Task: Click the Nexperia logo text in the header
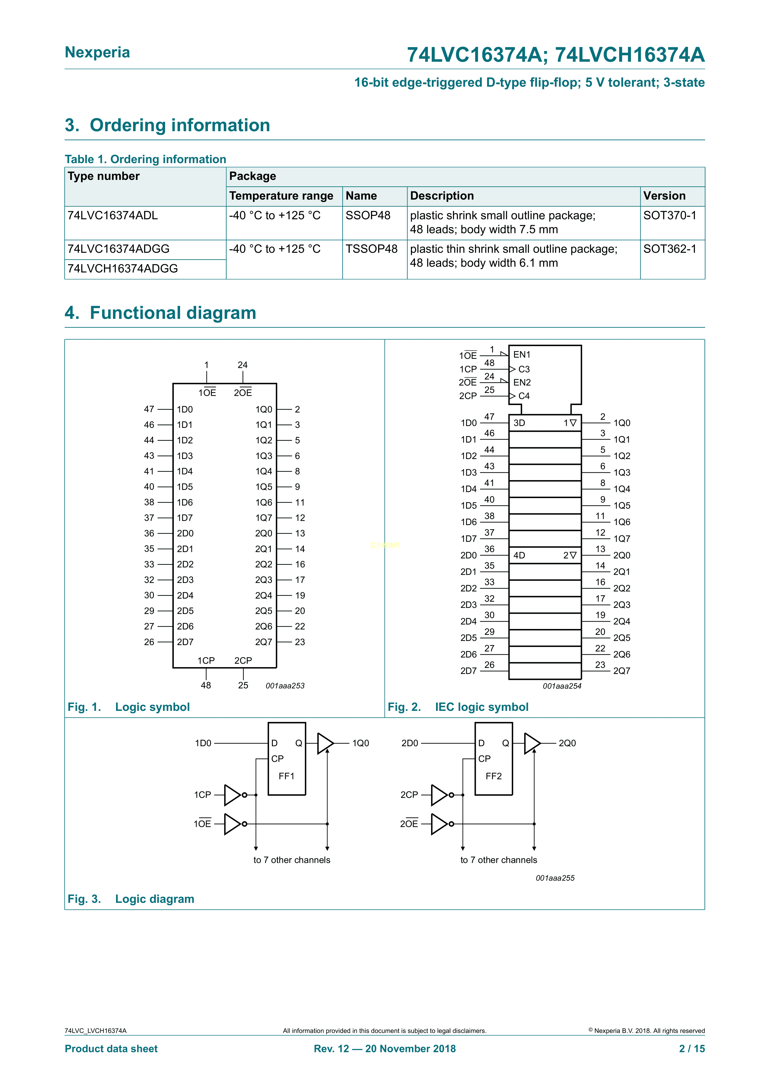click(x=97, y=52)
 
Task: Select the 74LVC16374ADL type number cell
click(x=112, y=216)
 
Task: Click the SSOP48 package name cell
click(x=368, y=216)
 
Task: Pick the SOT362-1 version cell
click(x=669, y=249)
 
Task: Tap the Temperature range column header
click(x=281, y=196)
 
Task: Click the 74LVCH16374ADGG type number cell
click(x=123, y=269)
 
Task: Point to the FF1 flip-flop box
click(x=286, y=759)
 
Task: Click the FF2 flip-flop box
click(x=493, y=759)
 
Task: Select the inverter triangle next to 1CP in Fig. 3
click(x=232, y=795)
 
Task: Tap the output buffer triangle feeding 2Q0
click(x=532, y=743)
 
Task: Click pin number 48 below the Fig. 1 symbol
click(x=206, y=685)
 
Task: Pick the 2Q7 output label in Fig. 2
click(x=622, y=671)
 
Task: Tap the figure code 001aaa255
click(x=555, y=878)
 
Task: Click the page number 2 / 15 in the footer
click(x=692, y=1049)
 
